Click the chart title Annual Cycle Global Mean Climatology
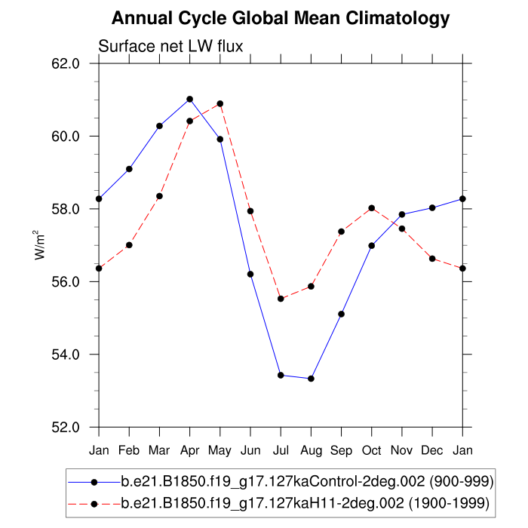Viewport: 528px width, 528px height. [x=280, y=18]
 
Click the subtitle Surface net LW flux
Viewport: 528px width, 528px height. [x=170, y=48]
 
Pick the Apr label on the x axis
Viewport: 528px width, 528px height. [x=189, y=450]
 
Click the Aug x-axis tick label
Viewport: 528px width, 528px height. [x=311, y=450]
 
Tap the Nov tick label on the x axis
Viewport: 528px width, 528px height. [x=402, y=450]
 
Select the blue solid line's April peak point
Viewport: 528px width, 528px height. [x=189, y=99]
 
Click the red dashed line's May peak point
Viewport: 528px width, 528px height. [x=220, y=103]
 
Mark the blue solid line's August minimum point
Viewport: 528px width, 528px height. [x=311, y=379]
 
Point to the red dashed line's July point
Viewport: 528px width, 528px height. [x=281, y=299]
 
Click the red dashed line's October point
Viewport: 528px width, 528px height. [x=372, y=208]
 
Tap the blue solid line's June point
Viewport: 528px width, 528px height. [x=250, y=274]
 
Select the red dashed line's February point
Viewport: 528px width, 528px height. [x=129, y=245]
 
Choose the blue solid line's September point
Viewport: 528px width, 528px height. [x=342, y=314]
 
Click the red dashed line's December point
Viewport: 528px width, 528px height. [x=432, y=259]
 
